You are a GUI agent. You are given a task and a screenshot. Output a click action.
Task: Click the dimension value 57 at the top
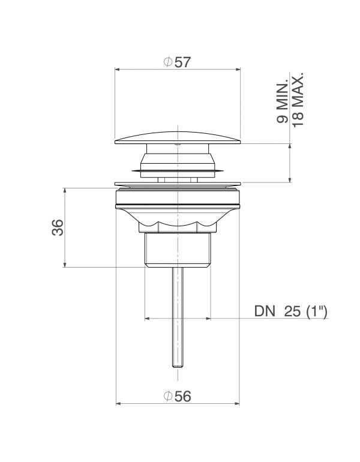[x=182, y=62]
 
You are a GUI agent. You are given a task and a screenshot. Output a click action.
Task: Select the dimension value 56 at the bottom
[x=182, y=396]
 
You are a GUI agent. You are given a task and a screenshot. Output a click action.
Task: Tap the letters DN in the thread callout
[x=265, y=311]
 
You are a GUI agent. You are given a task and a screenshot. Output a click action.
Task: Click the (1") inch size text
[x=316, y=311]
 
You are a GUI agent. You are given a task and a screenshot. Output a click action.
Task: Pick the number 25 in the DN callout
[x=291, y=311]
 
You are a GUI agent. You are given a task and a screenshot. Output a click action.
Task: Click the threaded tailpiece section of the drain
[x=178, y=249]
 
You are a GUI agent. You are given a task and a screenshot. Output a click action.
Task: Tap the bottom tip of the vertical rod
[x=178, y=366]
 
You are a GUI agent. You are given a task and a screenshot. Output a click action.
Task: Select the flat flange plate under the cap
[x=178, y=184]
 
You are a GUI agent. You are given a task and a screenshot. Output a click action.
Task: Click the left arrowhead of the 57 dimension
[x=117, y=70]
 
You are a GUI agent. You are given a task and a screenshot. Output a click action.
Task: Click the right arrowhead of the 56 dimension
[x=238, y=404]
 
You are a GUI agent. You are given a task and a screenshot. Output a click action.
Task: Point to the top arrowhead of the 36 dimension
[x=64, y=191]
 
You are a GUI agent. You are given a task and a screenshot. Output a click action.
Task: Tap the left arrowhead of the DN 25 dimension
[x=148, y=318]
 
